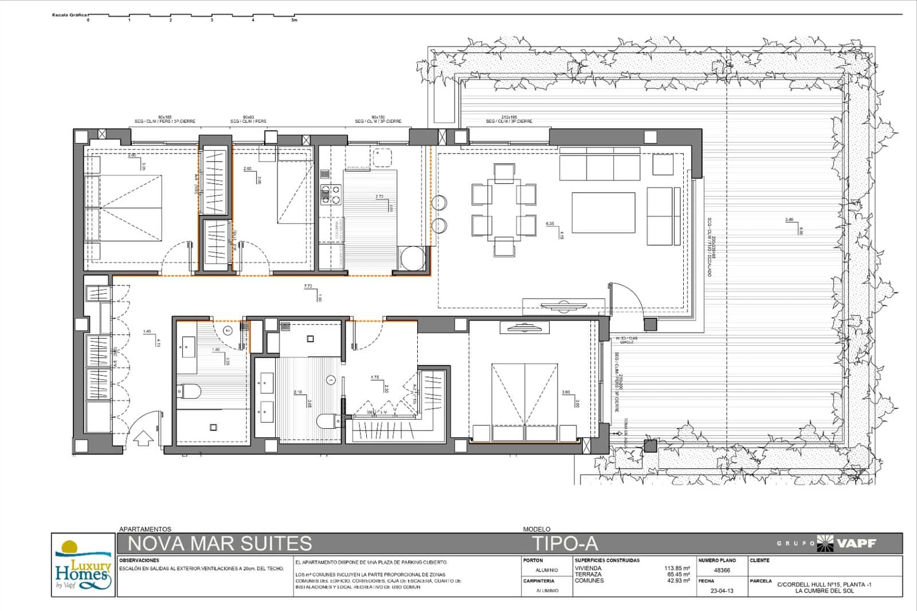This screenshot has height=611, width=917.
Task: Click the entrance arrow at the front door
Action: coord(143,438)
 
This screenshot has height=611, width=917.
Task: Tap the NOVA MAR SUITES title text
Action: coord(220,543)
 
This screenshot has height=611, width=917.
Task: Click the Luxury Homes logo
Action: coord(83,565)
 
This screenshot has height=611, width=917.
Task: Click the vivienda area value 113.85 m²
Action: coord(677,568)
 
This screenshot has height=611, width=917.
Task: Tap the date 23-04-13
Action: coord(721,590)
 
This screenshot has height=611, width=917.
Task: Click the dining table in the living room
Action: coord(504,209)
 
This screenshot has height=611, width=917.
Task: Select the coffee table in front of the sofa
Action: coord(603,212)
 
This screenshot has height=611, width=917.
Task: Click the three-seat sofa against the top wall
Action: coord(599,166)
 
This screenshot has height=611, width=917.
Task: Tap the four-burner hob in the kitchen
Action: coord(330,194)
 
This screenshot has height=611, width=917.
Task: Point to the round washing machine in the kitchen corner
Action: coord(412,258)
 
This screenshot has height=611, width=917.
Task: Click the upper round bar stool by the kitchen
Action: coord(439,202)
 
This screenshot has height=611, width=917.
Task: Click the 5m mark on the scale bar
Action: coord(294,20)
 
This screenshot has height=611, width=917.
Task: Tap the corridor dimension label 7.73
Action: coord(308,286)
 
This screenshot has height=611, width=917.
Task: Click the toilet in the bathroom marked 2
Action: coord(189,392)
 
